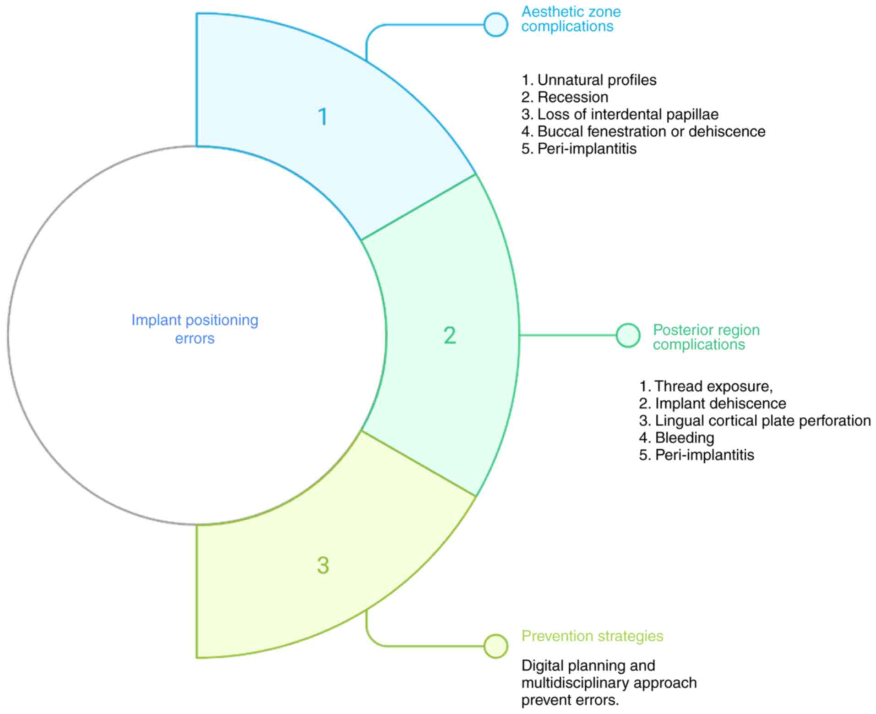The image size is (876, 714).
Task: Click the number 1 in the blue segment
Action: pyautogui.click(x=323, y=117)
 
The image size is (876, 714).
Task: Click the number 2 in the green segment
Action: pyautogui.click(x=450, y=336)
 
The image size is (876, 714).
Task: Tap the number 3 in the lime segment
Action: pyautogui.click(x=323, y=565)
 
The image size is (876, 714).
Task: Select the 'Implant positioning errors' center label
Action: pyautogui.click(x=195, y=329)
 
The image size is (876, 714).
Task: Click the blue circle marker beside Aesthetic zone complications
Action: pyautogui.click(x=496, y=25)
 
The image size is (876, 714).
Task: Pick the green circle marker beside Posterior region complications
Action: pyautogui.click(x=628, y=336)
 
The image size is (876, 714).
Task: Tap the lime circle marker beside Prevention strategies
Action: pyautogui.click(x=496, y=646)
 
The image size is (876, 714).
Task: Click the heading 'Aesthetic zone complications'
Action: pyautogui.click(x=571, y=19)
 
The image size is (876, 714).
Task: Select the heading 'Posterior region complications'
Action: pyautogui.click(x=706, y=337)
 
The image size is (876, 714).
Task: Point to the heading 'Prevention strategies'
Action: pyautogui.click(x=592, y=636)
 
